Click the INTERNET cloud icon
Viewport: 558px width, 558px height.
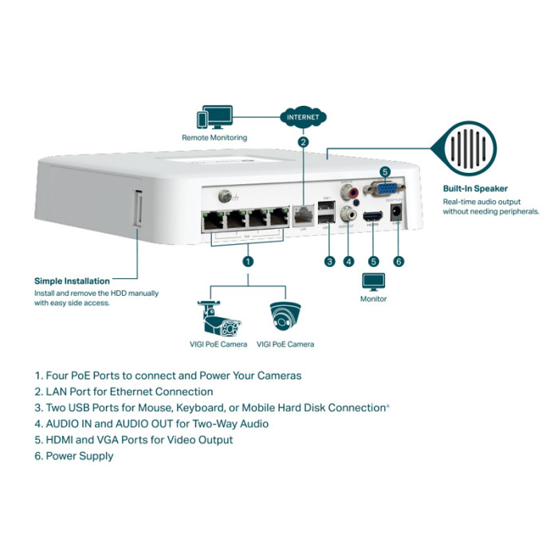(303, 117)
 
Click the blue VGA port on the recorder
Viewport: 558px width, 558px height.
(383, 190)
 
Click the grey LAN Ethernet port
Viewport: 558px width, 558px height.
(304, 215)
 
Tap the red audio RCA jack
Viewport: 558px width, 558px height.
(348, 192)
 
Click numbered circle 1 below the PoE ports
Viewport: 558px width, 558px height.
(248, 261)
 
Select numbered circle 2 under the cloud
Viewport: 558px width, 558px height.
(303, 143)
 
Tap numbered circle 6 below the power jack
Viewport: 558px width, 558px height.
(399, 261)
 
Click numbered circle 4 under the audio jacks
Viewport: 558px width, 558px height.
(348, 261)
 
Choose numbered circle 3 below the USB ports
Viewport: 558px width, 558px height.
(328, 261)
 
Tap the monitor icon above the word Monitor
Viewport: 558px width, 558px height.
(373, 281)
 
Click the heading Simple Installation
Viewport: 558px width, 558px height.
(72, 281)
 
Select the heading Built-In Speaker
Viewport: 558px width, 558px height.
(475, 189)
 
